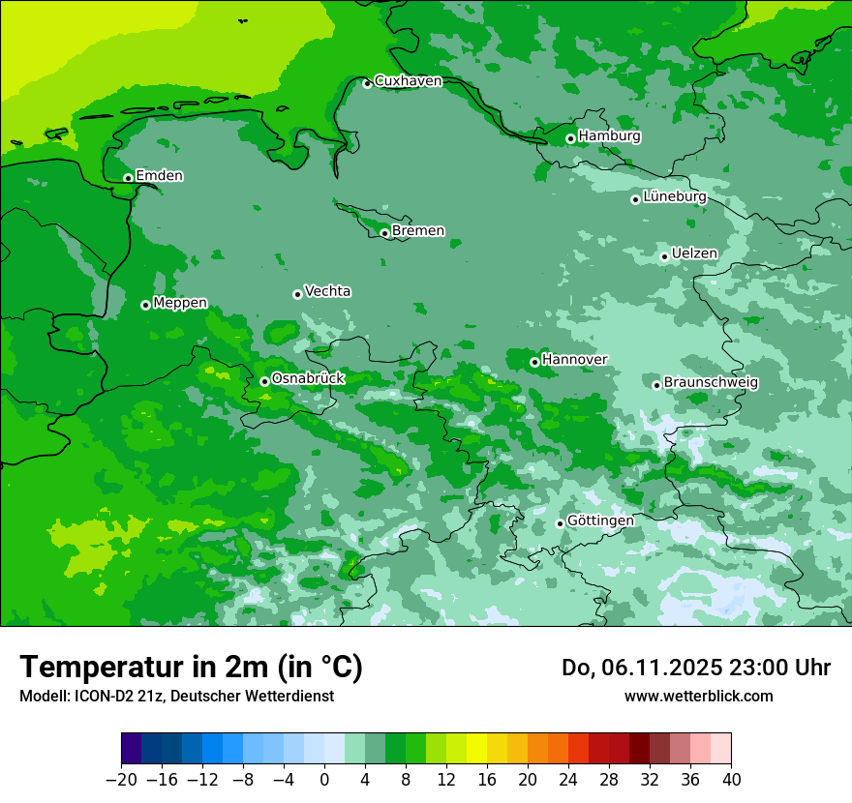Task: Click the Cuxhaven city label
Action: [408, 81]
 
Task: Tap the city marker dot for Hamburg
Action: [570, 138]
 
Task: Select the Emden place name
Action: [159, 176]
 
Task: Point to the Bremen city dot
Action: [384, 233]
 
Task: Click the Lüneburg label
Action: [675, 197]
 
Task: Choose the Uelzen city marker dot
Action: [664, 256]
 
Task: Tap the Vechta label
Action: [327, 291]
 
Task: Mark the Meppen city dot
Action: [145, 305]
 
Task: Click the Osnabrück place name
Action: [308, 378]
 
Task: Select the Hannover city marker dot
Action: [534, 362]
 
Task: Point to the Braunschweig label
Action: [711, 383]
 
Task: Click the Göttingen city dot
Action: [560, 523]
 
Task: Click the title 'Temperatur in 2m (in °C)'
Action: [191, 668]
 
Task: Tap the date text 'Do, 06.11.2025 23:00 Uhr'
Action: [696, 668]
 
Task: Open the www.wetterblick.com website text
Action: [698, 696]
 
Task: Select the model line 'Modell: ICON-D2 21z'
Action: [176, 696]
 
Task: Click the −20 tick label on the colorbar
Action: [121, 780]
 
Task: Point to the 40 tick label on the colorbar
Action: [731, 780]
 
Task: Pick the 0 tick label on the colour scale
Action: [324, 780]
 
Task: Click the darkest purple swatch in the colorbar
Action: [132, 749]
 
